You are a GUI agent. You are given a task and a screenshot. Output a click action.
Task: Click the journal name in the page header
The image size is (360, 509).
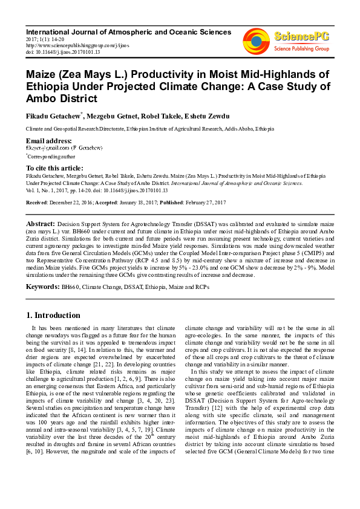pos(128,31)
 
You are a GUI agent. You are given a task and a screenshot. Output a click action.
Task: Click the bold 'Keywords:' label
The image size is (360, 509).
pos(42,284)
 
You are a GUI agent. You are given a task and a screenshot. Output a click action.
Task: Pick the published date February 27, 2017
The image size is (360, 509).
pos(208,202)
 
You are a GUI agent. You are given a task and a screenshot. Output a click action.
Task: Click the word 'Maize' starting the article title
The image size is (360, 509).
pos(41,74)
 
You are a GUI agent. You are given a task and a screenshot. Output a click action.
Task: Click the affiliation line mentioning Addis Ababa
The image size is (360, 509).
pos(149,129)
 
